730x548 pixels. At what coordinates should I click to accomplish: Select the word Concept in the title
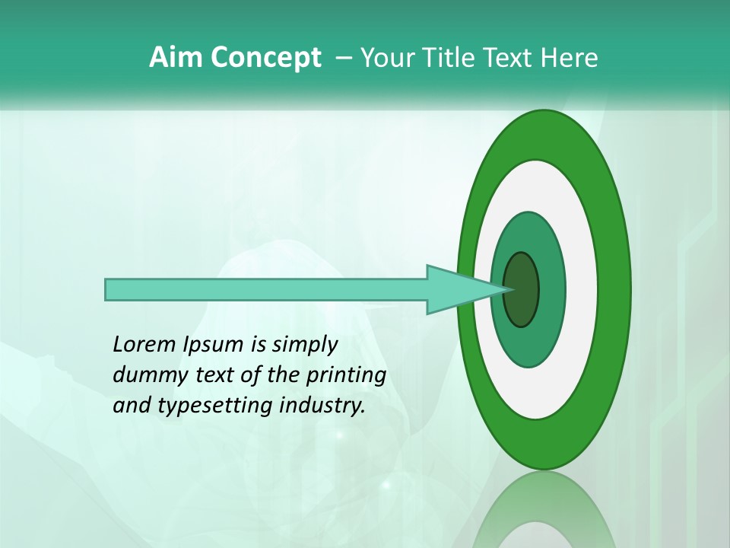pos(265,59)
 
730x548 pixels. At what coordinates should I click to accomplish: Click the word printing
pos(346,376)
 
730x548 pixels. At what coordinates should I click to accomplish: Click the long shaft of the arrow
pos(266,289)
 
